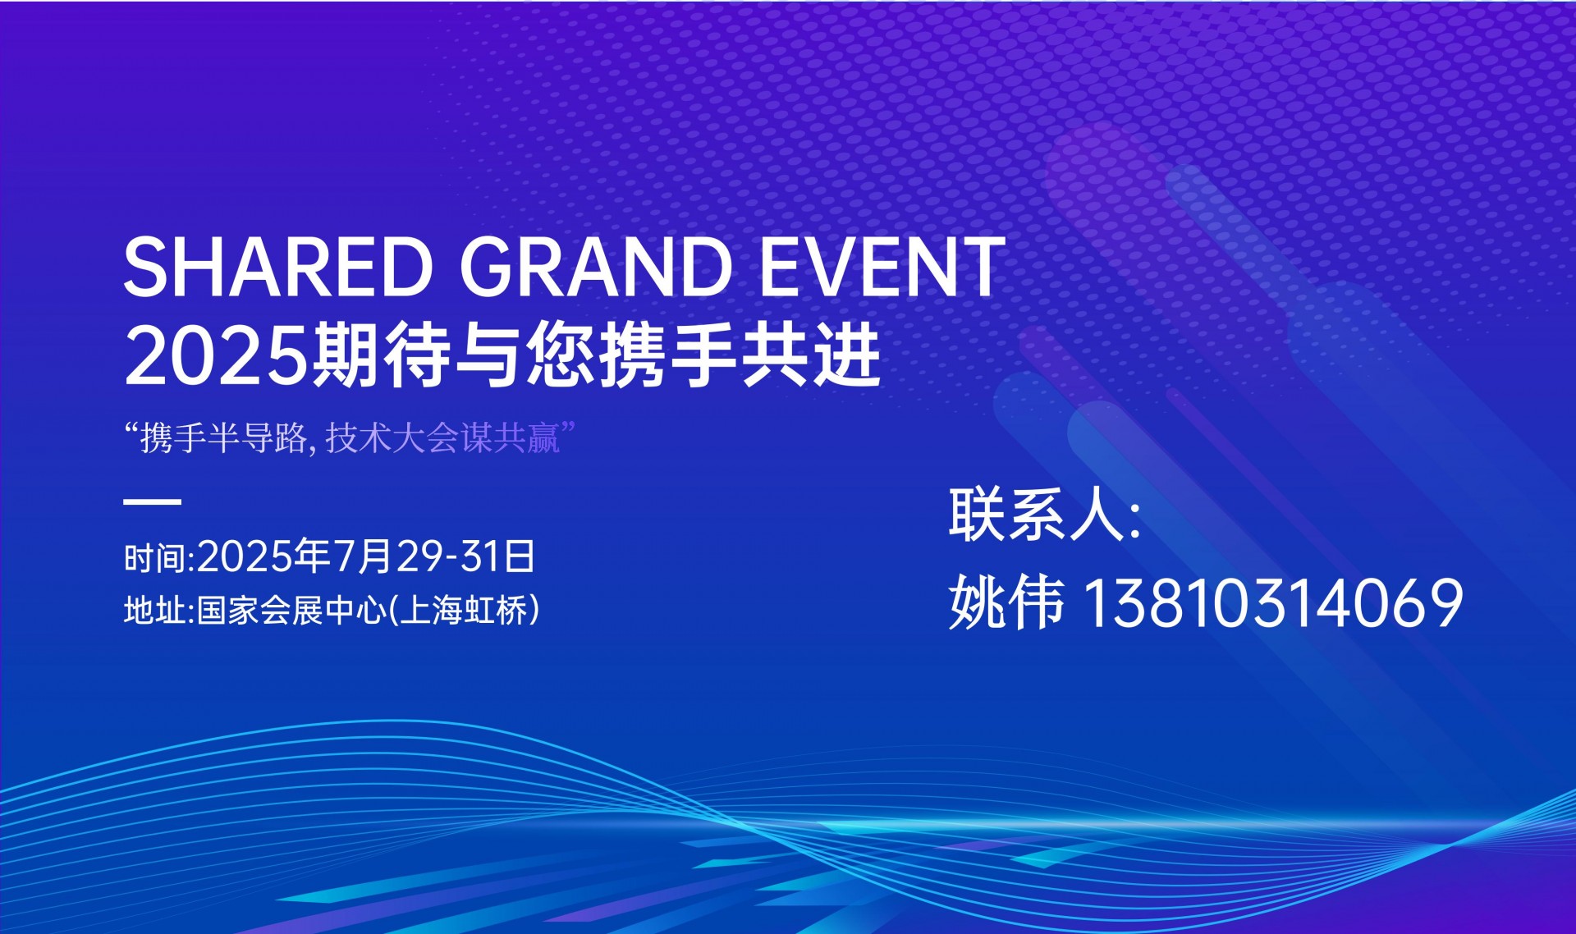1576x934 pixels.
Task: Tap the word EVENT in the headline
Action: coord(882,266)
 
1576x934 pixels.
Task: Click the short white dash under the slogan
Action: coord(152,501)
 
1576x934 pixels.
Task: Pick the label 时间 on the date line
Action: coord(156,558)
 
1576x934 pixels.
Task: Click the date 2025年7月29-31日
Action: coord(366,556)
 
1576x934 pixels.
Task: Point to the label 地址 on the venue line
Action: coord(156,611)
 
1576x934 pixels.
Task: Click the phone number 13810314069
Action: coord(1275,602)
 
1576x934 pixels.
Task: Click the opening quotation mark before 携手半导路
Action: coord(130,428)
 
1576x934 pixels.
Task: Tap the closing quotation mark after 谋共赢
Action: coord(567,428)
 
